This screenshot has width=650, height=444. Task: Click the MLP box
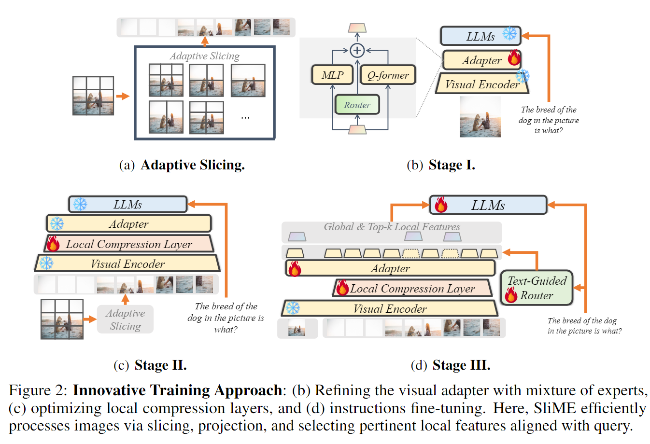click(332, 75)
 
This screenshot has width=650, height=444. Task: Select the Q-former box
click(388, 75)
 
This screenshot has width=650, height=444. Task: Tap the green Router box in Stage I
click(357, 105)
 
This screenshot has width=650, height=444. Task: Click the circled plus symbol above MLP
click(357, 50)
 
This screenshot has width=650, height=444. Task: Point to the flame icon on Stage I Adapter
click(514, 58)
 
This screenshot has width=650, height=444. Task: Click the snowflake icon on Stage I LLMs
click(509, 34)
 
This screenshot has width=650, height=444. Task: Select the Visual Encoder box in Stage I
click(482, 84)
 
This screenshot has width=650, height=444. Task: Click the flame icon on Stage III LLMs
click(440, 205)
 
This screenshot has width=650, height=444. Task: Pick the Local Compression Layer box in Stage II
click(129, 244)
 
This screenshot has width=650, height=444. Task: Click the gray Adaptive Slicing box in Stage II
click(125, 319)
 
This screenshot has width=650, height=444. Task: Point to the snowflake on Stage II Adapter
click(57, 223)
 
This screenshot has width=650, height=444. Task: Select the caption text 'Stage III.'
click(461, 365)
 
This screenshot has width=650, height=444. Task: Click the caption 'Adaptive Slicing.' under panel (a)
click(192, 165)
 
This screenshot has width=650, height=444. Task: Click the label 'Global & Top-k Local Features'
click(392, 227)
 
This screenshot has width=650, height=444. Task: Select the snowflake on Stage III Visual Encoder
click(293, 308)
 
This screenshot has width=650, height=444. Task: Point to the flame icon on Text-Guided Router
click(511, 294)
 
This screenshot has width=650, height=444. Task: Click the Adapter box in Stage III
click(390, 268)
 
